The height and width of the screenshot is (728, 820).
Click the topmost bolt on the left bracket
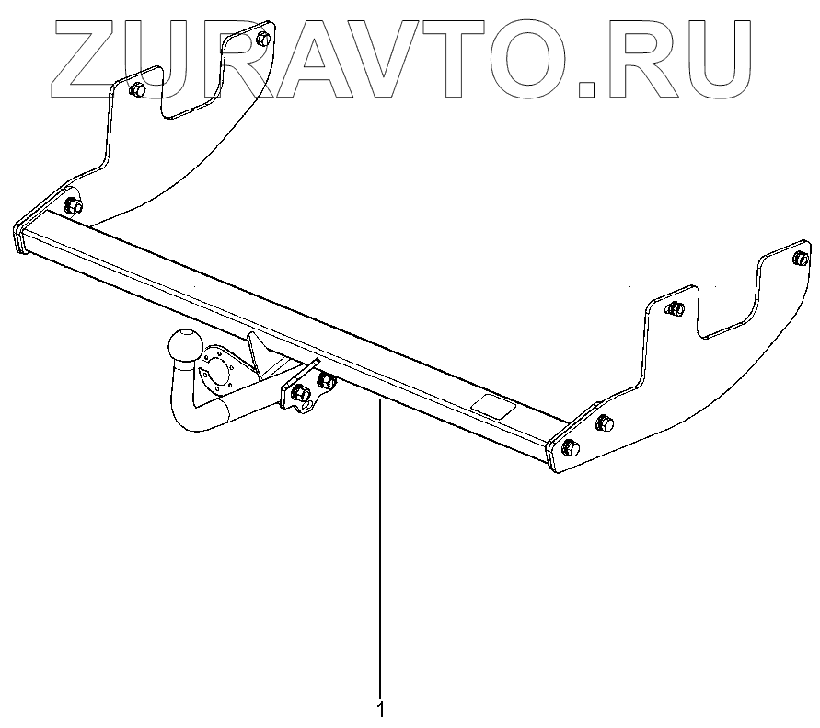(263, 40)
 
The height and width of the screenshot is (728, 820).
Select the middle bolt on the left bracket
(137, 90)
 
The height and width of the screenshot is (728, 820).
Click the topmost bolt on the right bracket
(799, 258)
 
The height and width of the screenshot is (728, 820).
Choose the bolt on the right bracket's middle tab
(675, 308)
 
